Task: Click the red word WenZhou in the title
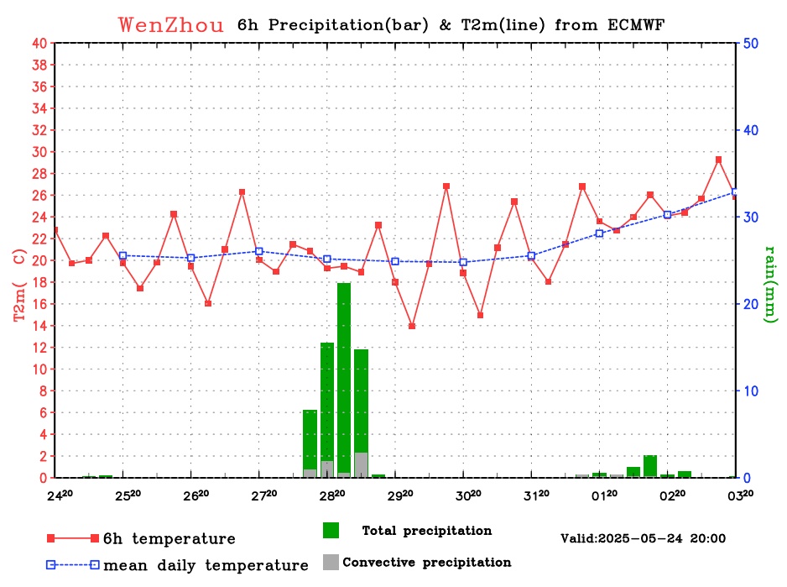tap(171, 24)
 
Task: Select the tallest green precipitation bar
tap(344, 380)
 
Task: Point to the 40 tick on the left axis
tap(39, 44)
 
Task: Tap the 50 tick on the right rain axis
tap(752, 44)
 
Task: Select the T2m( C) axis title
tap(19, 284)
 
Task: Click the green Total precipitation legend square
tap(331, 531)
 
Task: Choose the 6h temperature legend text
tap(169, 538)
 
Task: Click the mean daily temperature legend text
tap(206, 565)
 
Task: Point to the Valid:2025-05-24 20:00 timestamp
tap(643, 538)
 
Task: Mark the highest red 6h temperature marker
tap(719, 160)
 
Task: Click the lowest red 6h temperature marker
tap(412, 326)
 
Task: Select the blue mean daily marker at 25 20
tap(122, 255)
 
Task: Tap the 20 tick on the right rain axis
tap(752, 304)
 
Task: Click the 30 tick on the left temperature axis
tap(39, 152)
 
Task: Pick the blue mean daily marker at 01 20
tap(599, 233)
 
